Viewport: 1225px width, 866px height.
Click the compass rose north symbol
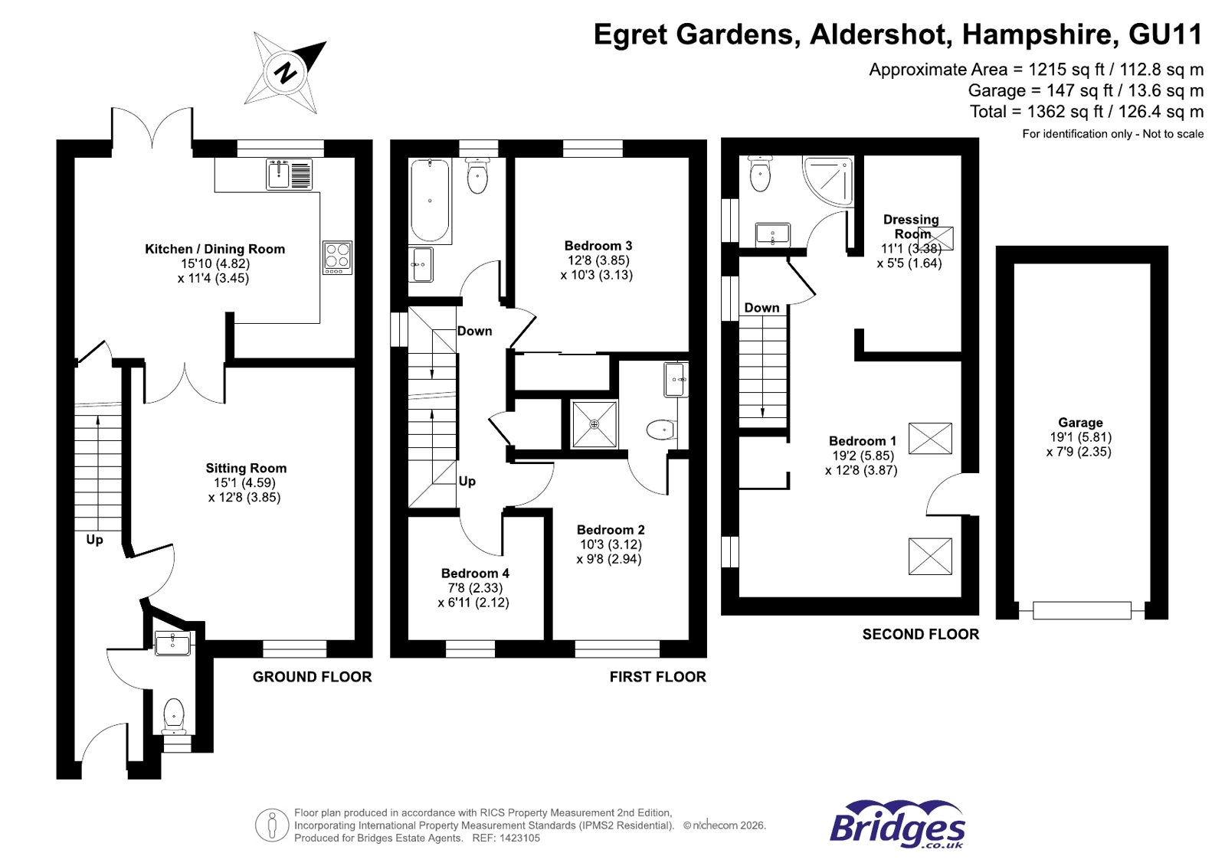(286, 73)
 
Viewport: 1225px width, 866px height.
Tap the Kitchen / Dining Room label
(215, 249)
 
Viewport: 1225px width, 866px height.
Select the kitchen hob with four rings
(337, 257)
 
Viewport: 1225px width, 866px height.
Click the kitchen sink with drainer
(290, 175)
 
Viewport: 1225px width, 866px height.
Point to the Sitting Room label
(246, 468)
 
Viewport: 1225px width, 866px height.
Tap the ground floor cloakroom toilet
(174, 714)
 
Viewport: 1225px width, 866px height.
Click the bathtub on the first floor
(429, 199)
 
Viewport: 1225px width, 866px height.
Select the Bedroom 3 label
(598, 246)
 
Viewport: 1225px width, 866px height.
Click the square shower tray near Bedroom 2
(594, 424)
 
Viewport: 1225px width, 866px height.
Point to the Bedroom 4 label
(474, 574)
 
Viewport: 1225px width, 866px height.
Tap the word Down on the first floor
(474, 331)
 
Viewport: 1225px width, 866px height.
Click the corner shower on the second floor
(830, 179)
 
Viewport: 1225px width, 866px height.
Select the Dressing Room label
(910, 227)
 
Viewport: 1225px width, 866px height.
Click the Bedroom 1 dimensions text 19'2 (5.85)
(863, 456)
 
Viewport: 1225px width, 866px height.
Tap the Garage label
(1080, 423)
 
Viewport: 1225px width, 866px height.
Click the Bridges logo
(897, 825)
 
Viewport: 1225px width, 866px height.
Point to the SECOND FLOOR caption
(920, 634)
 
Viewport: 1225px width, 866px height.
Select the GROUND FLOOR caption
(312, 677)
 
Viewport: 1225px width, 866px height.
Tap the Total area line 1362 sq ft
(1086, 112)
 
